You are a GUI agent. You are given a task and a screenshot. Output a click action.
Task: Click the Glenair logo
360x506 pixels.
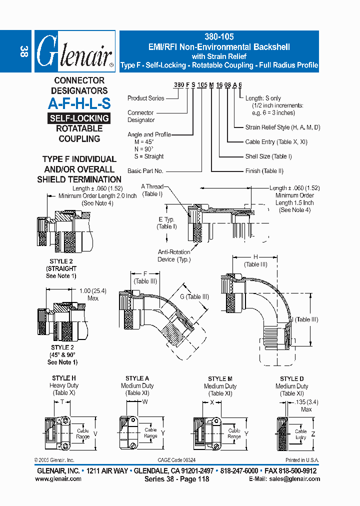coord(74,51)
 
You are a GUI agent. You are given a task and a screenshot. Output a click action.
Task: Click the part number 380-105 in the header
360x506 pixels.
coord(219,36)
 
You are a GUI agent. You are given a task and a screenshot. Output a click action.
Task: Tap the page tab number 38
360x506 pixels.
coord(23,51)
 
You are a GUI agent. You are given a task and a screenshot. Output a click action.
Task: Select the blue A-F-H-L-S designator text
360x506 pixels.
coord(79,103)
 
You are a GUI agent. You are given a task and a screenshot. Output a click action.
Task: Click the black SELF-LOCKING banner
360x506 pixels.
coord(79,118)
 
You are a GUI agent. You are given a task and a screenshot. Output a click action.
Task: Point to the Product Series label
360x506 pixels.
coord(145,98)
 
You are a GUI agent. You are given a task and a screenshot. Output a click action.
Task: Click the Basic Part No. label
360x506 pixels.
coord(145,171)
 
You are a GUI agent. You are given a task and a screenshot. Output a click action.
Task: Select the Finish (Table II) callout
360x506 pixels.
coord(264,171)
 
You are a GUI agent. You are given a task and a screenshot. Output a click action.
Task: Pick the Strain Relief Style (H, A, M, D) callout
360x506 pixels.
coord(282,127)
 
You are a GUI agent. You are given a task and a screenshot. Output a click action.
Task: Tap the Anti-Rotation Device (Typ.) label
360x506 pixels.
coord(174,256)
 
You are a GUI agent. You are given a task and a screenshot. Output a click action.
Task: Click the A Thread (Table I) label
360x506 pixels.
coord(152,190)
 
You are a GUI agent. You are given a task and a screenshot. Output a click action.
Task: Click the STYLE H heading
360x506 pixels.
coord(64,378)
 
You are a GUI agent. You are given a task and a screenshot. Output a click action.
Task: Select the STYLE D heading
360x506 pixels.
coord(291,378)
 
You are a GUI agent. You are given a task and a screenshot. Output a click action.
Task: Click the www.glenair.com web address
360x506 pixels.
coord(58,478)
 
